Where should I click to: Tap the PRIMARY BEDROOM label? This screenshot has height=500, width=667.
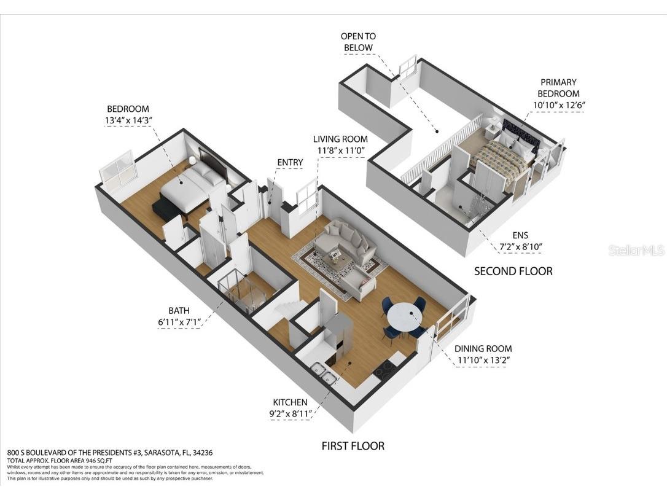point(558,88)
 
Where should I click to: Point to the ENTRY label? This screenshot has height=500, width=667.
point(290,162)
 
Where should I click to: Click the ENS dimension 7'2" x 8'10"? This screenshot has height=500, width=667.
point(521,247)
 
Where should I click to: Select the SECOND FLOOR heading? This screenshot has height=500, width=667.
point(513,271)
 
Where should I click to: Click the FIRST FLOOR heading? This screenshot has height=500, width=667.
point(353,446)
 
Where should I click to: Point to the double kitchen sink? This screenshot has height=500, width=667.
point(322,372)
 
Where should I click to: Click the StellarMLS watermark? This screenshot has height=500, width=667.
point(636,251)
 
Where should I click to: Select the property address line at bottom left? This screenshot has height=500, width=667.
point(110,453)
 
